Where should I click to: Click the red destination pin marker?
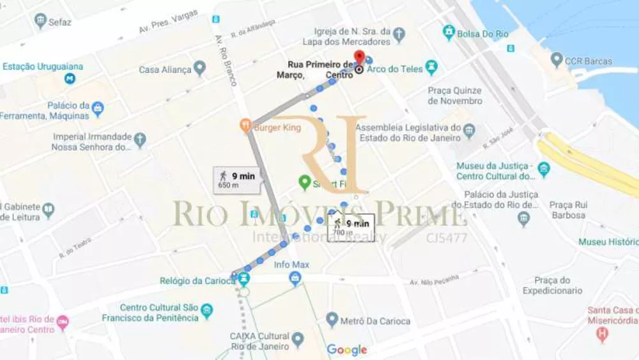pos(359,58)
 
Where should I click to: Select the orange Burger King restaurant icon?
pos(245,127)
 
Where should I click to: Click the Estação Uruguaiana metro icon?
pos(70,79)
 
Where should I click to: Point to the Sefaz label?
pos(59,22)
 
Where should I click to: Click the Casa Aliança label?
pos(165,70)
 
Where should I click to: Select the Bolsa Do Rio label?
pos(482,33)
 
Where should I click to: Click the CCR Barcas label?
pos(589,61)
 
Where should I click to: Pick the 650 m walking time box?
pos(237,180)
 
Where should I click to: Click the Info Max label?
pos(291,264)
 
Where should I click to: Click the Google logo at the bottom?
pos(346,350)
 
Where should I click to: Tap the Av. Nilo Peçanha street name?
pos(435,280)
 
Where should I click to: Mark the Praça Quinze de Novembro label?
pos(455,96)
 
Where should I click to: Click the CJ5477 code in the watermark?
pos(447,239)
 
